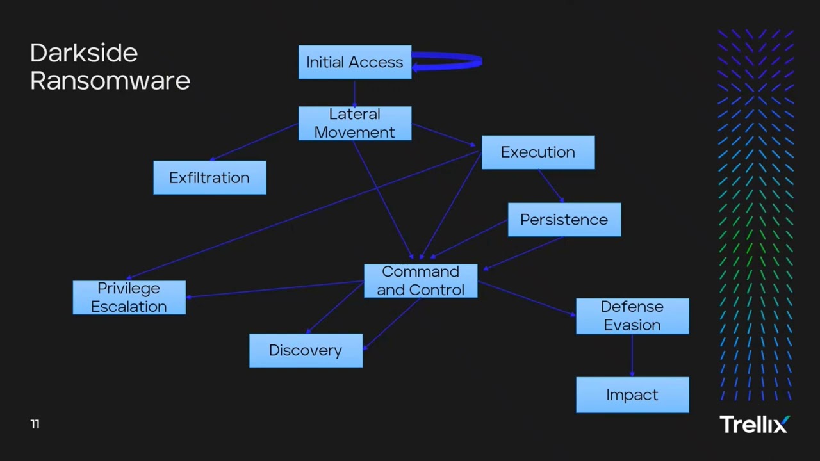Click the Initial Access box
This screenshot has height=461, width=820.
(x=355, y=62)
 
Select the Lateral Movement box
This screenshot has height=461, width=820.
(x=355, y=123)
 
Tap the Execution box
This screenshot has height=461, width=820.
(x=538, y=152)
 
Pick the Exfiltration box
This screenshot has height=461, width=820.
(x=209, y=178)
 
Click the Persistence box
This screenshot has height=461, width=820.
(x=564, y=220)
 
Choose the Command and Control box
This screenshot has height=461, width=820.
(x=420, y=281)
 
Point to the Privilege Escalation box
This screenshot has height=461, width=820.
(x=129, y=298)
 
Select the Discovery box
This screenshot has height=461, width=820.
(x=306, y=350)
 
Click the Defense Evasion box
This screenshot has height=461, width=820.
(x=632, y=316)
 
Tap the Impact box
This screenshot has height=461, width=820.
(x=632, y=395)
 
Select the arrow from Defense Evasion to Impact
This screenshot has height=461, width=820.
(x=632, y=355)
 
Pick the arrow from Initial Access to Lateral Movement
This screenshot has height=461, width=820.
(x=354, y=93)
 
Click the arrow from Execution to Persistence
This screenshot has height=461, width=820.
(x=550, y=186)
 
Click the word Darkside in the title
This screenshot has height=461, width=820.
(x=84, y=53)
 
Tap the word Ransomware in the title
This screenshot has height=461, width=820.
(x=110, y=81)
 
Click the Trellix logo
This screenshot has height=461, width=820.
(x=755, y=424)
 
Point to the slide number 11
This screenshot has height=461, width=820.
(x=35, y=424)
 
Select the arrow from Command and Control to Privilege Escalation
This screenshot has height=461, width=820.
(x=275, y=289)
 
